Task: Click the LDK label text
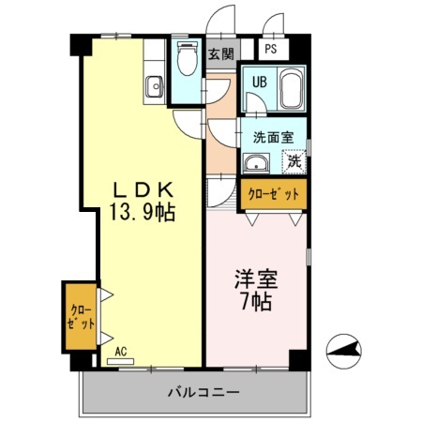tap(142, 188)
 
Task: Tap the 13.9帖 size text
tap(142, 212)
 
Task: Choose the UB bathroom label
tap(259, 82)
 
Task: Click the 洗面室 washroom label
tap(272, 137)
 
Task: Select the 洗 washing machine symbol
tap(294, 161)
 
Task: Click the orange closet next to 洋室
tap(273, 194)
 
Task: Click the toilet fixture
tap(186, 62)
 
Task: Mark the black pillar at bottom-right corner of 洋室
tap(297, 358)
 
